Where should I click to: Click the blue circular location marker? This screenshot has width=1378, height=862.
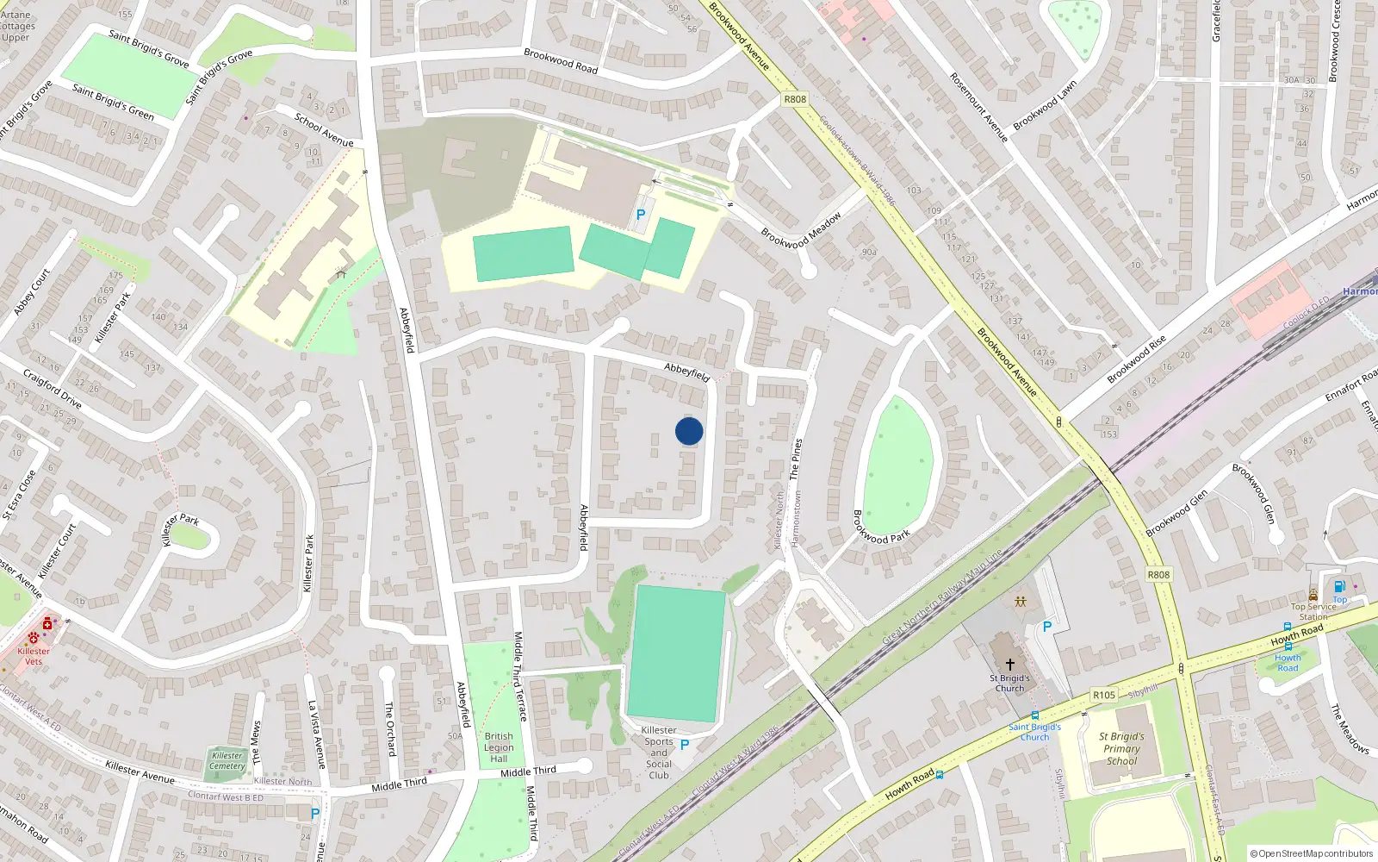[689, 431]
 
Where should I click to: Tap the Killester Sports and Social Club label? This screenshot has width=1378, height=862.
[659, 753]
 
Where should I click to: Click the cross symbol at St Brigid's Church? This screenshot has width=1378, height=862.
[1010, 665]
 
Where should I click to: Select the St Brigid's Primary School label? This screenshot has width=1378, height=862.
[1121, 749]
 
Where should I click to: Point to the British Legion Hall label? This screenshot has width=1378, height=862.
[499, 747]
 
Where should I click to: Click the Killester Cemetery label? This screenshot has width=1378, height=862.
[227, 761]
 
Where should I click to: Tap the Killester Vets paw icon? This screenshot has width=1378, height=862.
[34, 638]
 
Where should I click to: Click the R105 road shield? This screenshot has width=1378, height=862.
[1104, 695]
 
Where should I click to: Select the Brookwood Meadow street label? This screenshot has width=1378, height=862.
[800, 231]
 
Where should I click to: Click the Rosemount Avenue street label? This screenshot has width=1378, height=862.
[978, 107]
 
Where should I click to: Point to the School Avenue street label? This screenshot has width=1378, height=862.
[324, 130]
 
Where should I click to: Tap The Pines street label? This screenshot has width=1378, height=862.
[796, 459]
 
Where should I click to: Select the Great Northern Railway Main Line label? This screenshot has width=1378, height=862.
[942, 597]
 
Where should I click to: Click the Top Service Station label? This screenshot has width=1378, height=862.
[1313, 611]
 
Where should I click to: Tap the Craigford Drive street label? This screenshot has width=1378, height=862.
[53, 389]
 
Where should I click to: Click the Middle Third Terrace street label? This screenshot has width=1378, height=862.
[519, 677]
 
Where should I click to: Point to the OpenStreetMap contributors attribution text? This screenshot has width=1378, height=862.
[1312, 853]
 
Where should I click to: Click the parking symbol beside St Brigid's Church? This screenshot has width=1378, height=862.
[1047, 627]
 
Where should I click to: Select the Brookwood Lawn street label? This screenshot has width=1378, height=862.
[1045, 106]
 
